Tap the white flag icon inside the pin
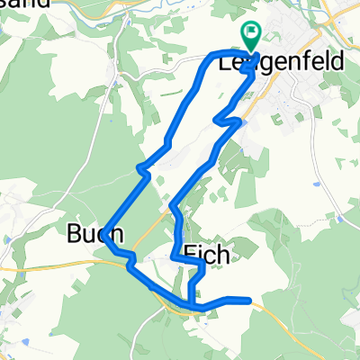tap(251, 33)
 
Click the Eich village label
tap(208, 255)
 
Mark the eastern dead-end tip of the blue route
tap(247, 301)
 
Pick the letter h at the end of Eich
tap(224, 255)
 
